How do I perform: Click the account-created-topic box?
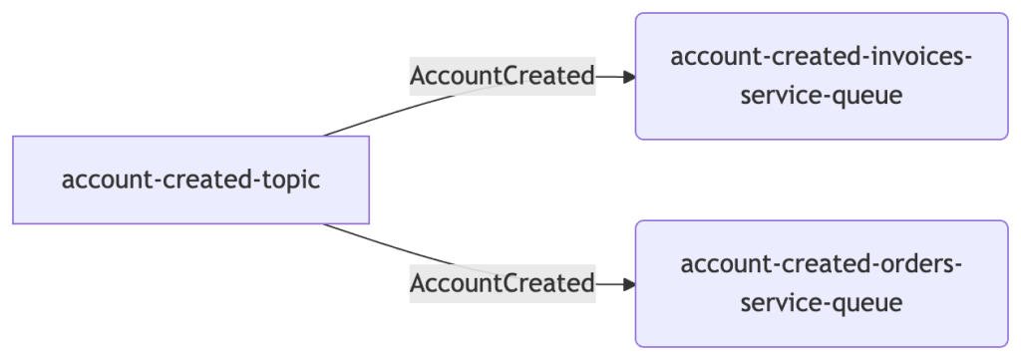tap(190, 180)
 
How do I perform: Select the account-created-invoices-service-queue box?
tap(822, 76)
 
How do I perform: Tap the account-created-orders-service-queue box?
tap(822, 284)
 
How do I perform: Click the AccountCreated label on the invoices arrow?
tap(503, 76)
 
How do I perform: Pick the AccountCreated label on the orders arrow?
tap(503, 284)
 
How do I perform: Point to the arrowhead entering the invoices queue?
tap(628, 77)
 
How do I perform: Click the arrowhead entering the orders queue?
tap(628, 284)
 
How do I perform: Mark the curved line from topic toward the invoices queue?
tap(456, 95)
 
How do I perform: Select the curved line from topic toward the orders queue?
tap(456, 265)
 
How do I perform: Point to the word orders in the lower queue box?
tap(907, 264)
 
